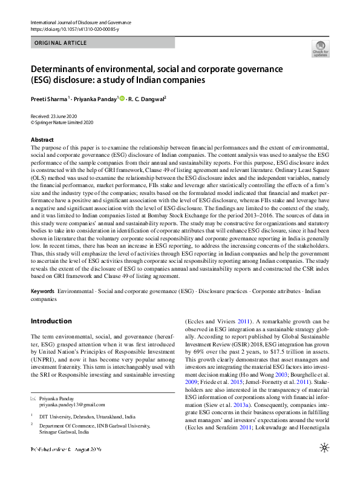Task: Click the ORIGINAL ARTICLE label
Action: click(61, 43)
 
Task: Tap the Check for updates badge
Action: click(320, 48)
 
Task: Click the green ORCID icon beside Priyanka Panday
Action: click(122, 99)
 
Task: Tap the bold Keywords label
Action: click(42, 291)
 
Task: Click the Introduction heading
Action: click(51, 321)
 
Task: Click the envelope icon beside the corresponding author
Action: click(33, 398)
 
